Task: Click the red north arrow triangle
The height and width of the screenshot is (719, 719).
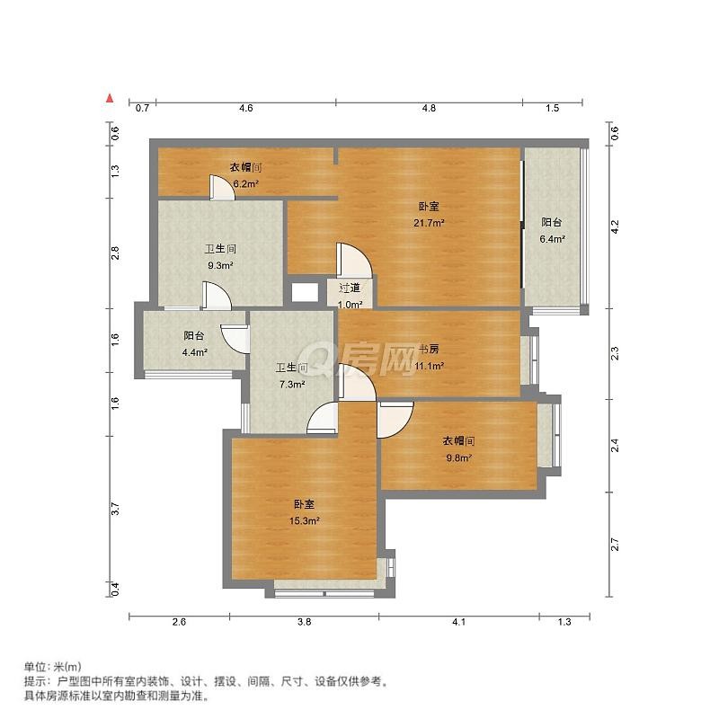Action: (x=110, y=98)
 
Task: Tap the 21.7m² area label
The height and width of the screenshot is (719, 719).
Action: (x=429, y=223)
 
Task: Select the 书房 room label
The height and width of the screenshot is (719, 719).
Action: (x=430, y=349)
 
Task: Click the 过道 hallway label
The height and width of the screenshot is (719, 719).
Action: (x=350, y=288)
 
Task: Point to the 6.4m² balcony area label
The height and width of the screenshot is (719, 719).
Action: (x=552, y=239)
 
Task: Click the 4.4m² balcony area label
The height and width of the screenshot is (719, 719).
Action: (x=195, y=352)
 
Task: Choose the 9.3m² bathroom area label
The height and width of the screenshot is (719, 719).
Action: (x=220, y=265)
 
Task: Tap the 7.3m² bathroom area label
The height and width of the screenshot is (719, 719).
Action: (x=292, y=385)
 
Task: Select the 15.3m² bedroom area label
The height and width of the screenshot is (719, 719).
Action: (x=304, y=521)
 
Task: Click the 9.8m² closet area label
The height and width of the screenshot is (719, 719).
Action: (x=459, y=457)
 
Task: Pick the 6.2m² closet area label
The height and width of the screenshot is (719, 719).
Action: (x=245, y=184)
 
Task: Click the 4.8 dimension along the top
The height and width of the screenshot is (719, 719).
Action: (x=429, y=108)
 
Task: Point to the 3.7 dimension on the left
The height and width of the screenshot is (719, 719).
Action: (x=115, y=509)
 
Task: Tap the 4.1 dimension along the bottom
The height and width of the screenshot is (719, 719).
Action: (x=459, y=622)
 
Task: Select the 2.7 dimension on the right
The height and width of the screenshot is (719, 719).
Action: (x=615, y=545)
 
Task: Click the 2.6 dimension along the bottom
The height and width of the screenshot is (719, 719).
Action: (x=179, y=622)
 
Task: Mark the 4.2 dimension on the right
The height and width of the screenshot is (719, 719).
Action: (x=615, y=227)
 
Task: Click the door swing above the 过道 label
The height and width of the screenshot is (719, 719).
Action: (x=353, y=260)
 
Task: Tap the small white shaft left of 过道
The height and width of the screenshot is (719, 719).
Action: (x=305, y=293)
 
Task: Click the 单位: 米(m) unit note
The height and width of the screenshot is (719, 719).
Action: (x=53, y=666)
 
